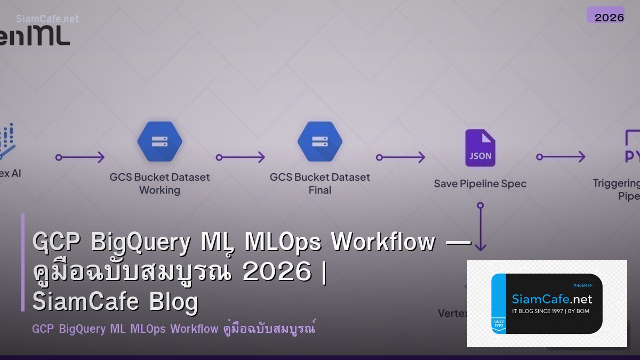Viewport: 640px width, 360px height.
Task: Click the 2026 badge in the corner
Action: click(605, 15)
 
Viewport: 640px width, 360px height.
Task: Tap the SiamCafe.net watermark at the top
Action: click(47, 19)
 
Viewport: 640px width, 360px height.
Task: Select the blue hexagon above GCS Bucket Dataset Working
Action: click(159, 141)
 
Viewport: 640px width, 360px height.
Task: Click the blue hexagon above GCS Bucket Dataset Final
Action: click(320, 141)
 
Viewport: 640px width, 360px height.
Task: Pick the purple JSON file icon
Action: click(480, 148)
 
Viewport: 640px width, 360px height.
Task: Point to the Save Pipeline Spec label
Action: click(480, 183)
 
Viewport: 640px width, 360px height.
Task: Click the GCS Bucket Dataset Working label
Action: click(159, 183)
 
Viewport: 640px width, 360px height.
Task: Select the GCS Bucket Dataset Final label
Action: click(320, 183)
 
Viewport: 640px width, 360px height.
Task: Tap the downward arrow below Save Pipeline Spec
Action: click(481, 227)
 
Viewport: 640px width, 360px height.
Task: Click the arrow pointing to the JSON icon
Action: click(401, 157)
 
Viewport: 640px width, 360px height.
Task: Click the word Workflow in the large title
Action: click(383, 243)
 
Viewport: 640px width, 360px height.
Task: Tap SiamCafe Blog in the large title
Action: click(115, 302)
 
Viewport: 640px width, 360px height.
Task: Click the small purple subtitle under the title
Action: click(173, 329)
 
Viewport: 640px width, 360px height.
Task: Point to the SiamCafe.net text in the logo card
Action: click(552, 299)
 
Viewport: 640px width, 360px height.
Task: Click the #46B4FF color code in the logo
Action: click(583, 285)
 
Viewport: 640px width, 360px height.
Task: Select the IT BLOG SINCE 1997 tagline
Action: click(550, 311)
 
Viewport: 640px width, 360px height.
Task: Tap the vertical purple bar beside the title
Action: click(23, 262)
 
